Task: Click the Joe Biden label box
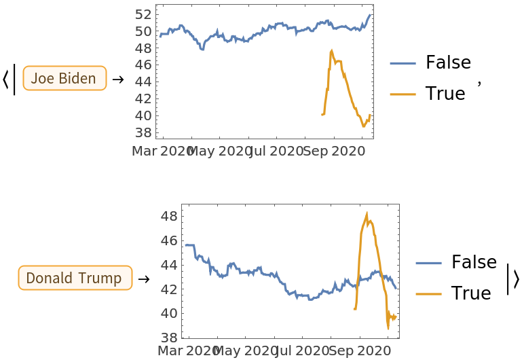coord(64,78)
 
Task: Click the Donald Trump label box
coord(75,278)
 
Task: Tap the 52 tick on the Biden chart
coord(143,14)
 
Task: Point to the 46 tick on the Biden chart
coord(143,65)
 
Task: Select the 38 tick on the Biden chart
coord(143,132)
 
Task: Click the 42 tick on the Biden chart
coord(143,98)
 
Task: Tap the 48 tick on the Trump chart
coord(170,216)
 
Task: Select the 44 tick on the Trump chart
coord(170,264)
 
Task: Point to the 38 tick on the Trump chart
coord(170,338)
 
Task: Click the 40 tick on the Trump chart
coord(170,313)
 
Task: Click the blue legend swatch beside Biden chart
coord(403,64)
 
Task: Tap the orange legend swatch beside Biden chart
coord(403,94)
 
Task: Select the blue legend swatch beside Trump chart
coord(428,263)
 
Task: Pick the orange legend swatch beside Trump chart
coord(428,294)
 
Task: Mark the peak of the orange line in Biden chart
coord(331,50)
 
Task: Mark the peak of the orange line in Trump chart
coord(367,214)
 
